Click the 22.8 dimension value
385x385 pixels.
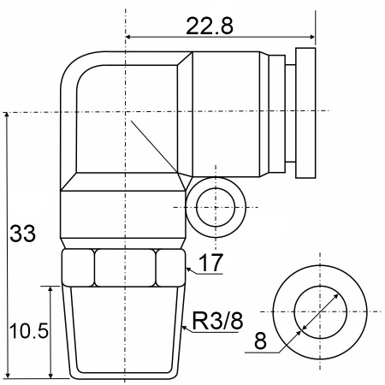click(x=210, y=26)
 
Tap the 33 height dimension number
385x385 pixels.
click(x=22, y=234)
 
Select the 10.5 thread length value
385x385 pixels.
click(x=29, y=331)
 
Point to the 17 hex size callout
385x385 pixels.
click(x=210, y=263)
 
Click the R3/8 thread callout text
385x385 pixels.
click(x=218, y=321)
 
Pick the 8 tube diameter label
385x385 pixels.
click(x=260, y=341)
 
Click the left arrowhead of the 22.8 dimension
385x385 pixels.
click(x=128, y=37)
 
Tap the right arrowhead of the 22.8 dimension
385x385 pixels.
click(x=312, y=37)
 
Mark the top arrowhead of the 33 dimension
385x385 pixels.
click(x=7, y=115)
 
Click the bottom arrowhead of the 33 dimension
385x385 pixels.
click(x=8, y=376)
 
